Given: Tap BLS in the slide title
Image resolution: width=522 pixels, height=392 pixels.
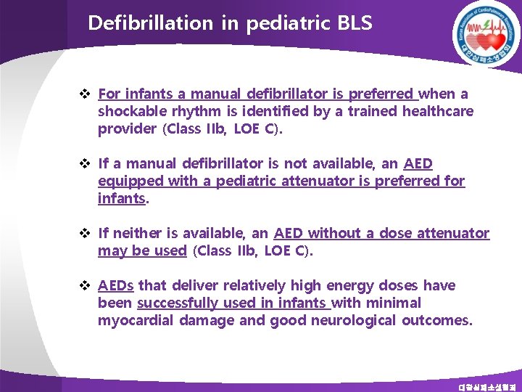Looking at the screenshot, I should coord(355,23).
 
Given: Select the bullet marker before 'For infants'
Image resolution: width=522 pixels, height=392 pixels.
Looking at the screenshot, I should coord(84,94).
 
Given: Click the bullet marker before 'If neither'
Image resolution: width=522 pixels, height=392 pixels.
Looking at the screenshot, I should coord(84,233).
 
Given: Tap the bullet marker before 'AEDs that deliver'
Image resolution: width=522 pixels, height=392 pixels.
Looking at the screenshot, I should coord(84,285).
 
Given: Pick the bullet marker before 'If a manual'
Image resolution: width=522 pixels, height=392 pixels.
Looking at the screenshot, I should coord(84,163).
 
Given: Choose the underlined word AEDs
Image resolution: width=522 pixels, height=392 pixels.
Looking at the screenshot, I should coord(116,285).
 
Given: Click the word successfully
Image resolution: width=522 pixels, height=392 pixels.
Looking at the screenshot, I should coord(178,303).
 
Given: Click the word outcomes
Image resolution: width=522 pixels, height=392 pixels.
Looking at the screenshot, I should coord(436,320).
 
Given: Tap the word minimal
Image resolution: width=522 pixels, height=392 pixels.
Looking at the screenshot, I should coord(394,303).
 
